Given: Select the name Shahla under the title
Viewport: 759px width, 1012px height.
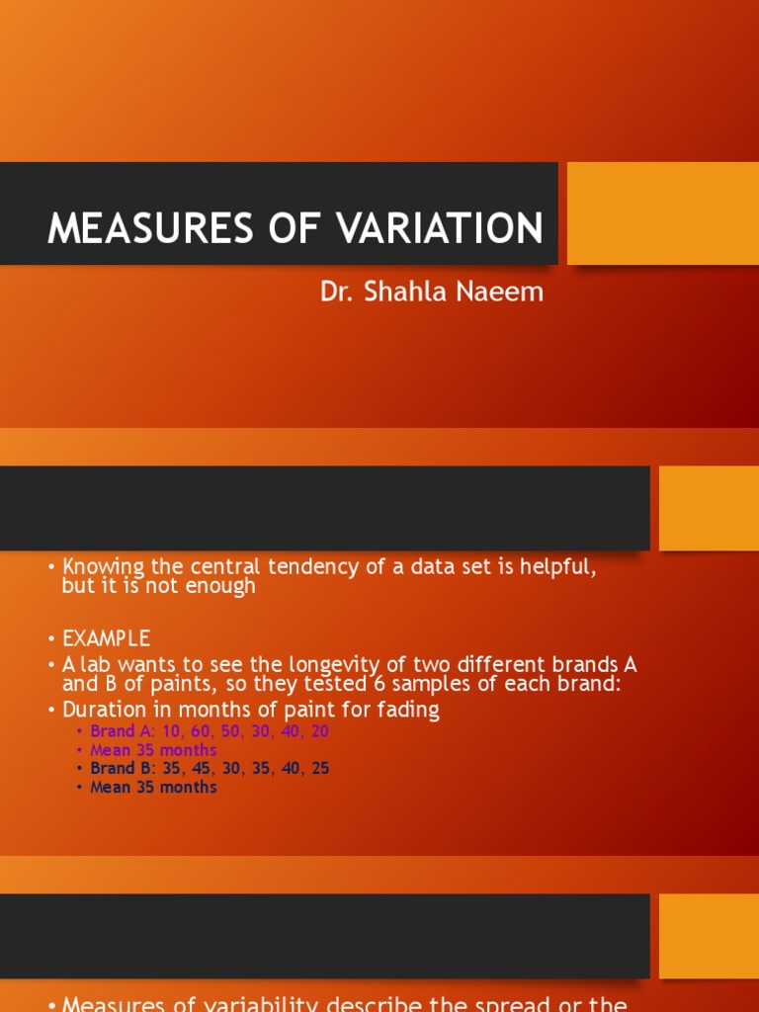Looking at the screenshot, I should [x=405, y=293].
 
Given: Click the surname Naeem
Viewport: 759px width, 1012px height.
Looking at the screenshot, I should [x=501, y=293].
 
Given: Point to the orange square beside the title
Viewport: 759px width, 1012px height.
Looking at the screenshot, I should [x=662, y=212].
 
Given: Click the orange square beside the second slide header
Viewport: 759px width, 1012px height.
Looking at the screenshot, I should [x=709, y=508].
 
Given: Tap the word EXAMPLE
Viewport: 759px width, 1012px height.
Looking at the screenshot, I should [x=106, y=638].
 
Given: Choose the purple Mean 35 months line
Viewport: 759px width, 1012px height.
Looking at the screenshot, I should [x=153, y=750].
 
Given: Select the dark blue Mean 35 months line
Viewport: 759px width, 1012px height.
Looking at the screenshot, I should [x=153, y=788].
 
